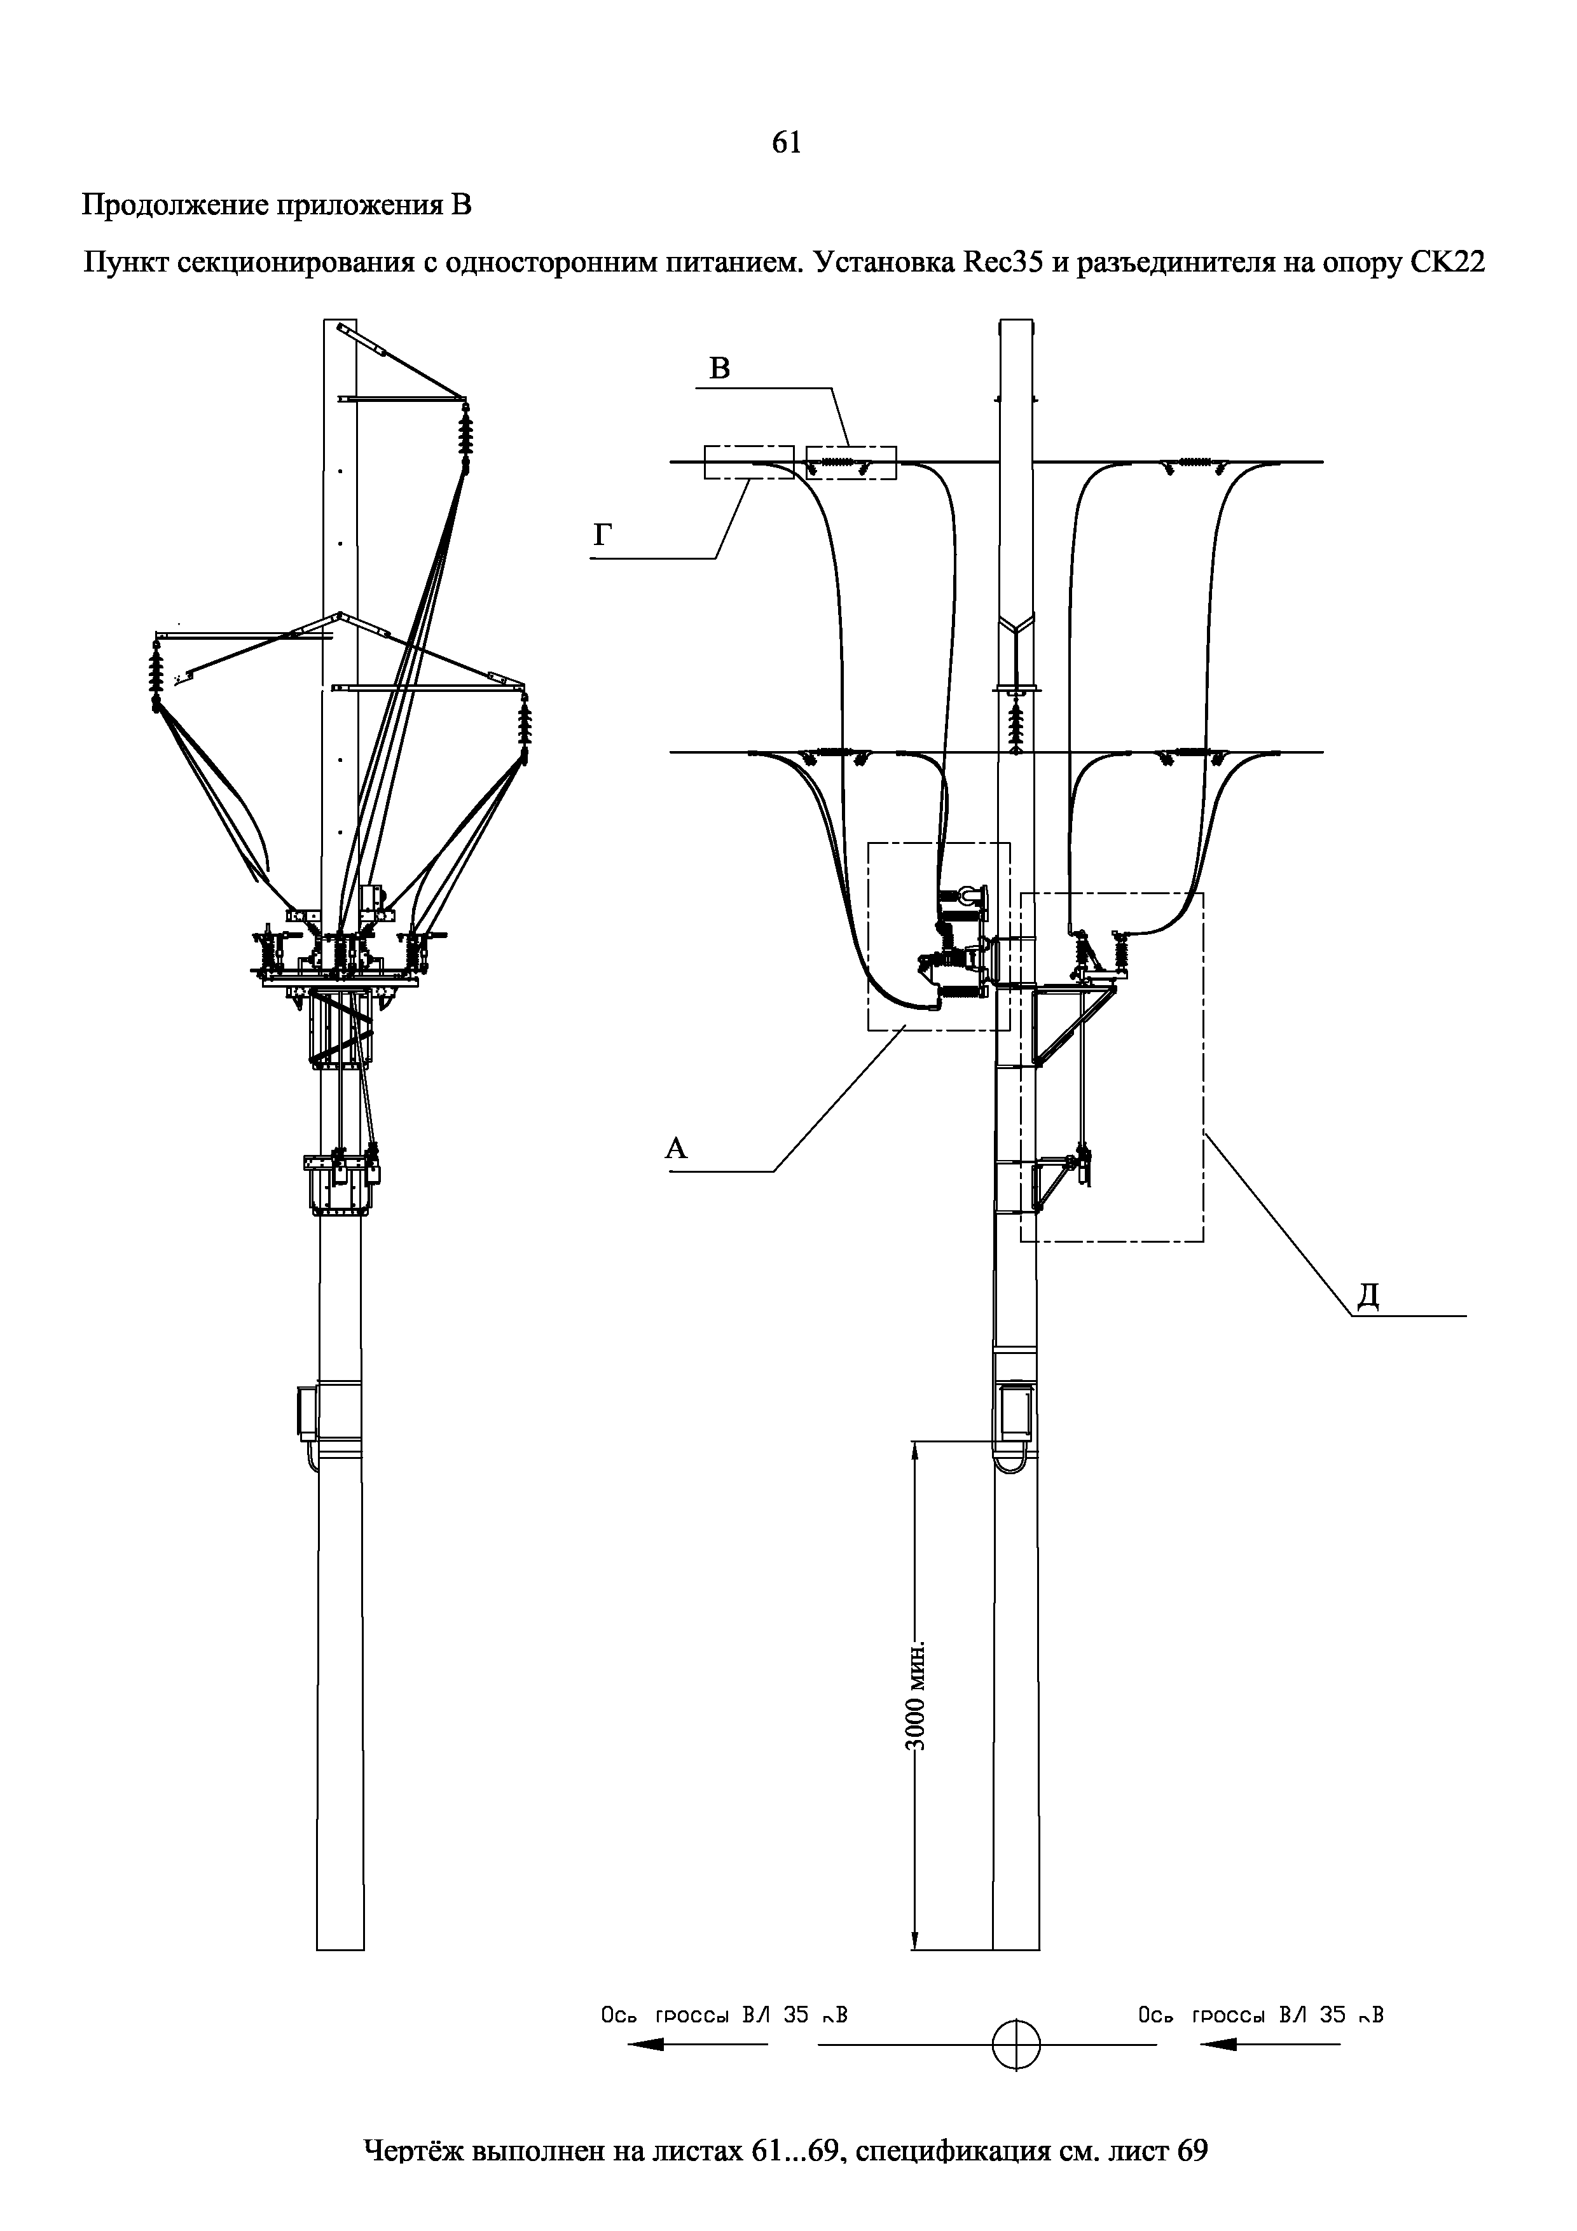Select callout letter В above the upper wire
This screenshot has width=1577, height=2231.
coord(719,368)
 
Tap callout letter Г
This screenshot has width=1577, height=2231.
coord(602,535)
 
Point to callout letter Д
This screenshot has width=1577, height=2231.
coord(1368,1296)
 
